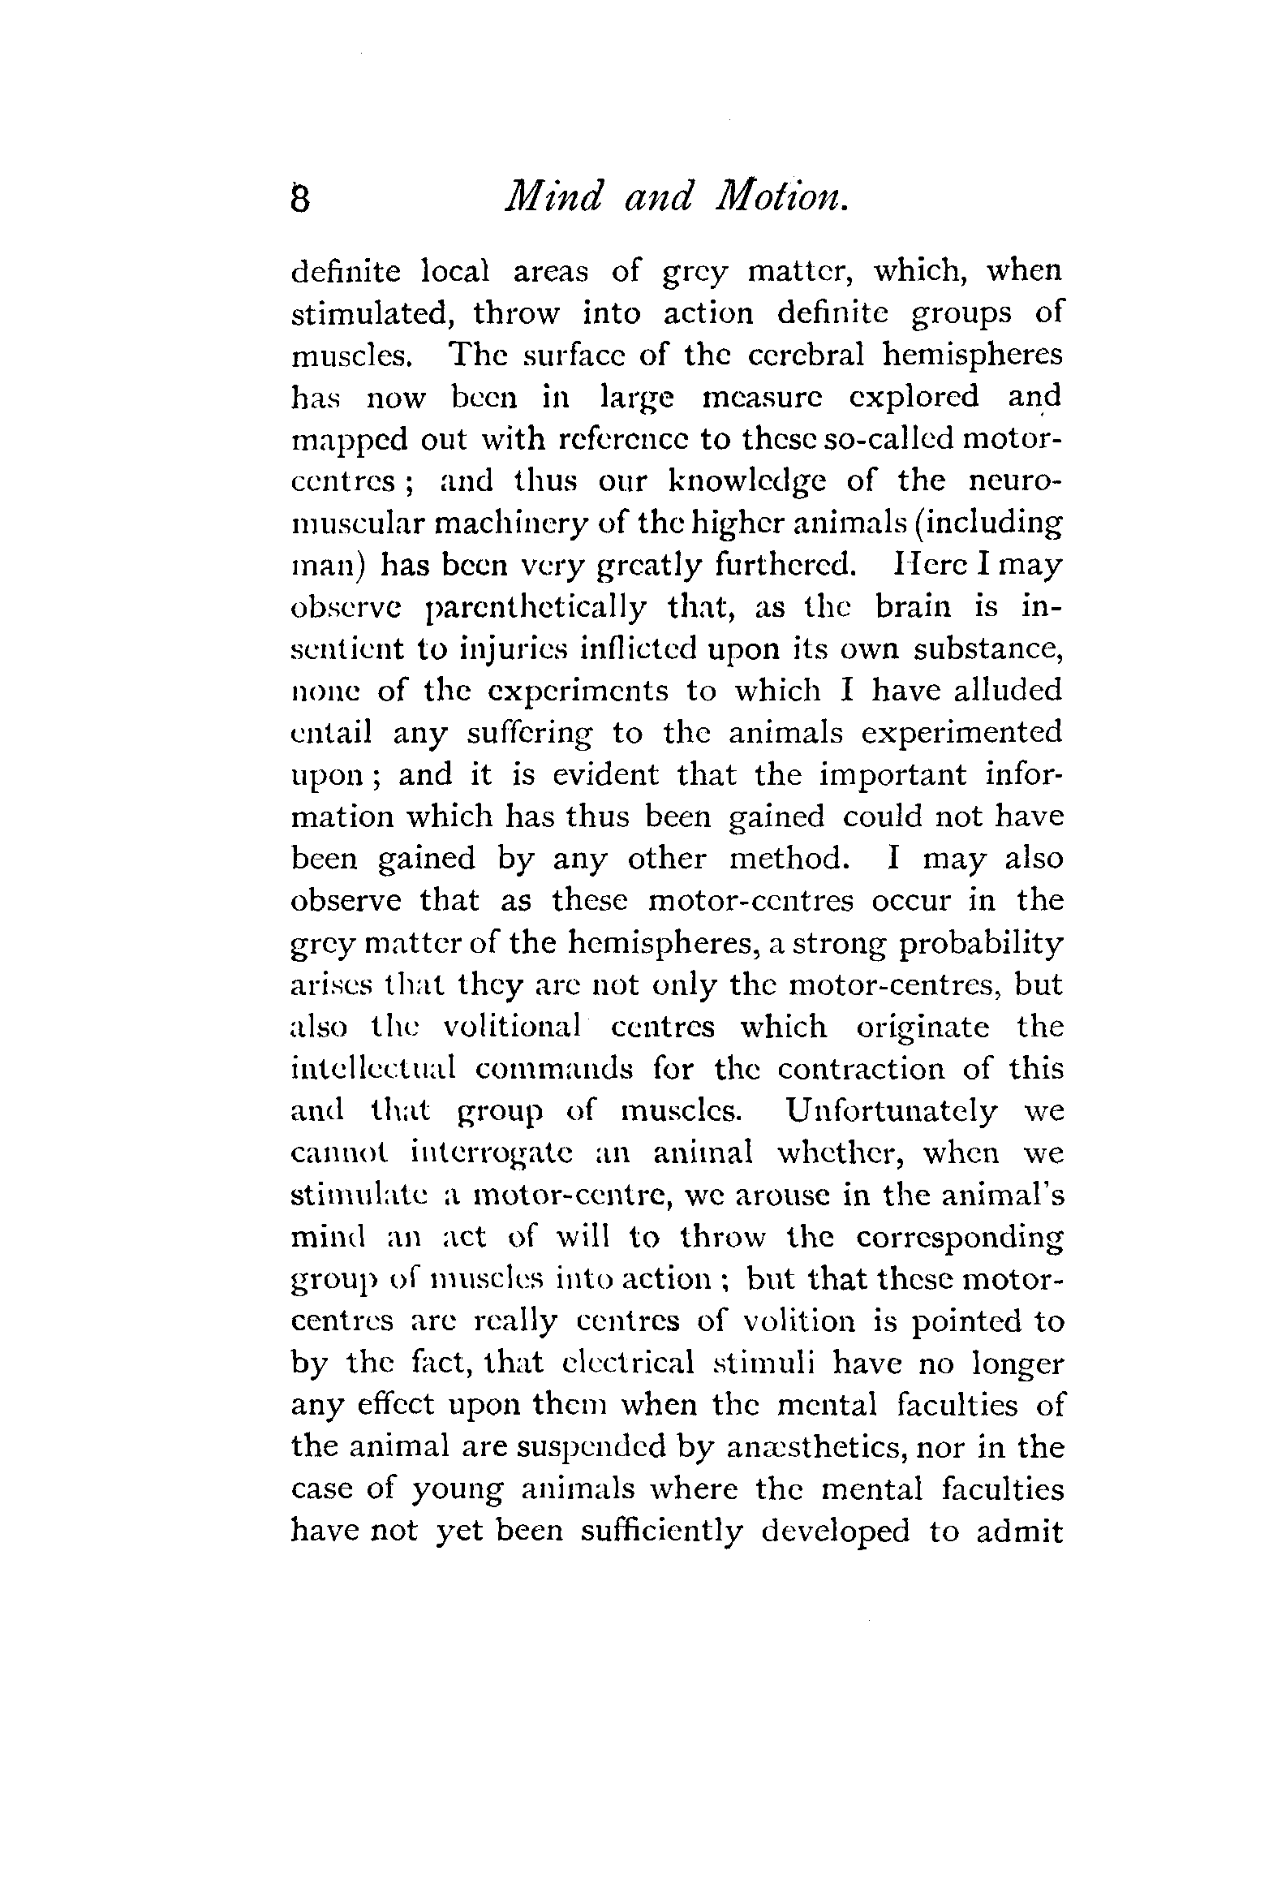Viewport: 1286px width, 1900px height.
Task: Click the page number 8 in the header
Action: [300, 200]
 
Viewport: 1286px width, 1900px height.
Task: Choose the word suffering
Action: [530, 734]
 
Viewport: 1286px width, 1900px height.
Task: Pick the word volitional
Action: [512, 1026]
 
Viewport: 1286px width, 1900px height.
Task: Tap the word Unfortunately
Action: [891, 1111]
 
